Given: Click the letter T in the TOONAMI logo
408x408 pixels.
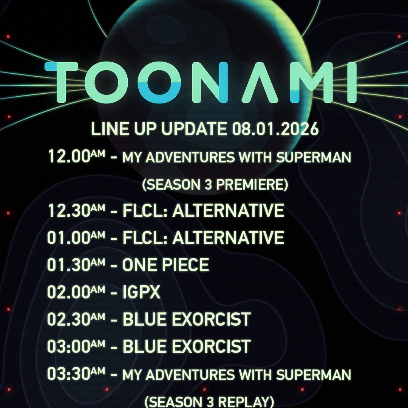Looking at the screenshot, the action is [62, 82].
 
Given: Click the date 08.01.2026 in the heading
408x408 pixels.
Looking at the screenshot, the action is [275, 128].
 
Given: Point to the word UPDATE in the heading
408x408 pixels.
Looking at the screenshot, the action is [195, 128].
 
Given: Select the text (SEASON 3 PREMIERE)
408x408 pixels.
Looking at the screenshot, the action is [215, 184].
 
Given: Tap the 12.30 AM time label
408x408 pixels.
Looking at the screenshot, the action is [76, 210].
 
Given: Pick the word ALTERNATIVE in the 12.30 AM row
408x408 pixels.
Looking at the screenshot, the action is [228, 210].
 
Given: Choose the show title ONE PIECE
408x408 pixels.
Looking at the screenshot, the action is [165, 265].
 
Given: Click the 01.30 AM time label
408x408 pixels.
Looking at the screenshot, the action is [76, 265].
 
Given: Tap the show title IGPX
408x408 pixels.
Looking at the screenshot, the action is [141, 292].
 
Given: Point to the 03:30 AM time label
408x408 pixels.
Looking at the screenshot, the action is [76, 374].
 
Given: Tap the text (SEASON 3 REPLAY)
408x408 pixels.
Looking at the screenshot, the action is [209, 402].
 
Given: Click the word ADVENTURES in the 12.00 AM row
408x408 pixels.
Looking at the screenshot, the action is [190, 158].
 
